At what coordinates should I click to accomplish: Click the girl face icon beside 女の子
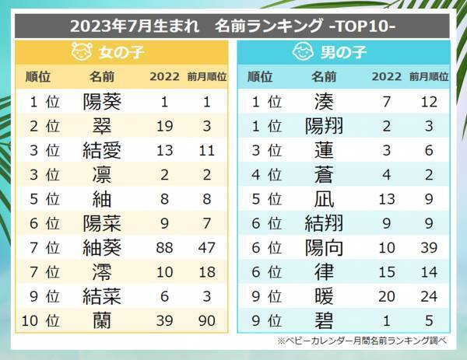[x=80, y=53]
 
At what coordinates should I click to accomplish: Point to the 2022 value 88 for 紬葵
[x=164, y=247]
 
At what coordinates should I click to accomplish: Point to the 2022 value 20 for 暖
[x=387, y=296]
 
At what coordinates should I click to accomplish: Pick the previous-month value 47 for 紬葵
[x=207, y=247]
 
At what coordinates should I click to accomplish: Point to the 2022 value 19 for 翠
[x=164, y=125]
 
